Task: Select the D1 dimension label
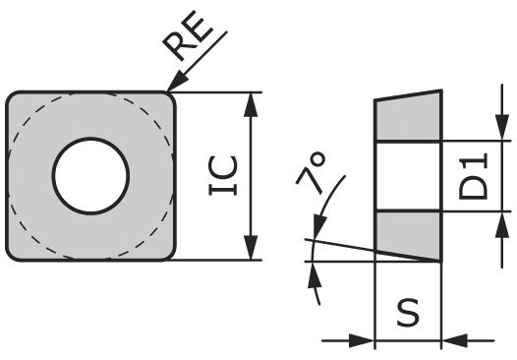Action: [x=475, y=176]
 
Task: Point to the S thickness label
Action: [x=408, y=312]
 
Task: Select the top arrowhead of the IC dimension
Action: [x=254, y=101]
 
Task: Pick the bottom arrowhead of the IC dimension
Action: [x=254, y=252]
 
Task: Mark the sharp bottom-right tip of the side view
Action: [x=438, y=261]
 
